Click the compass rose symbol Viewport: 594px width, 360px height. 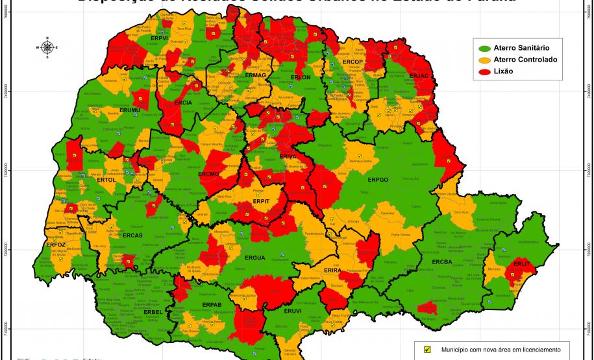coord(47,47)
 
